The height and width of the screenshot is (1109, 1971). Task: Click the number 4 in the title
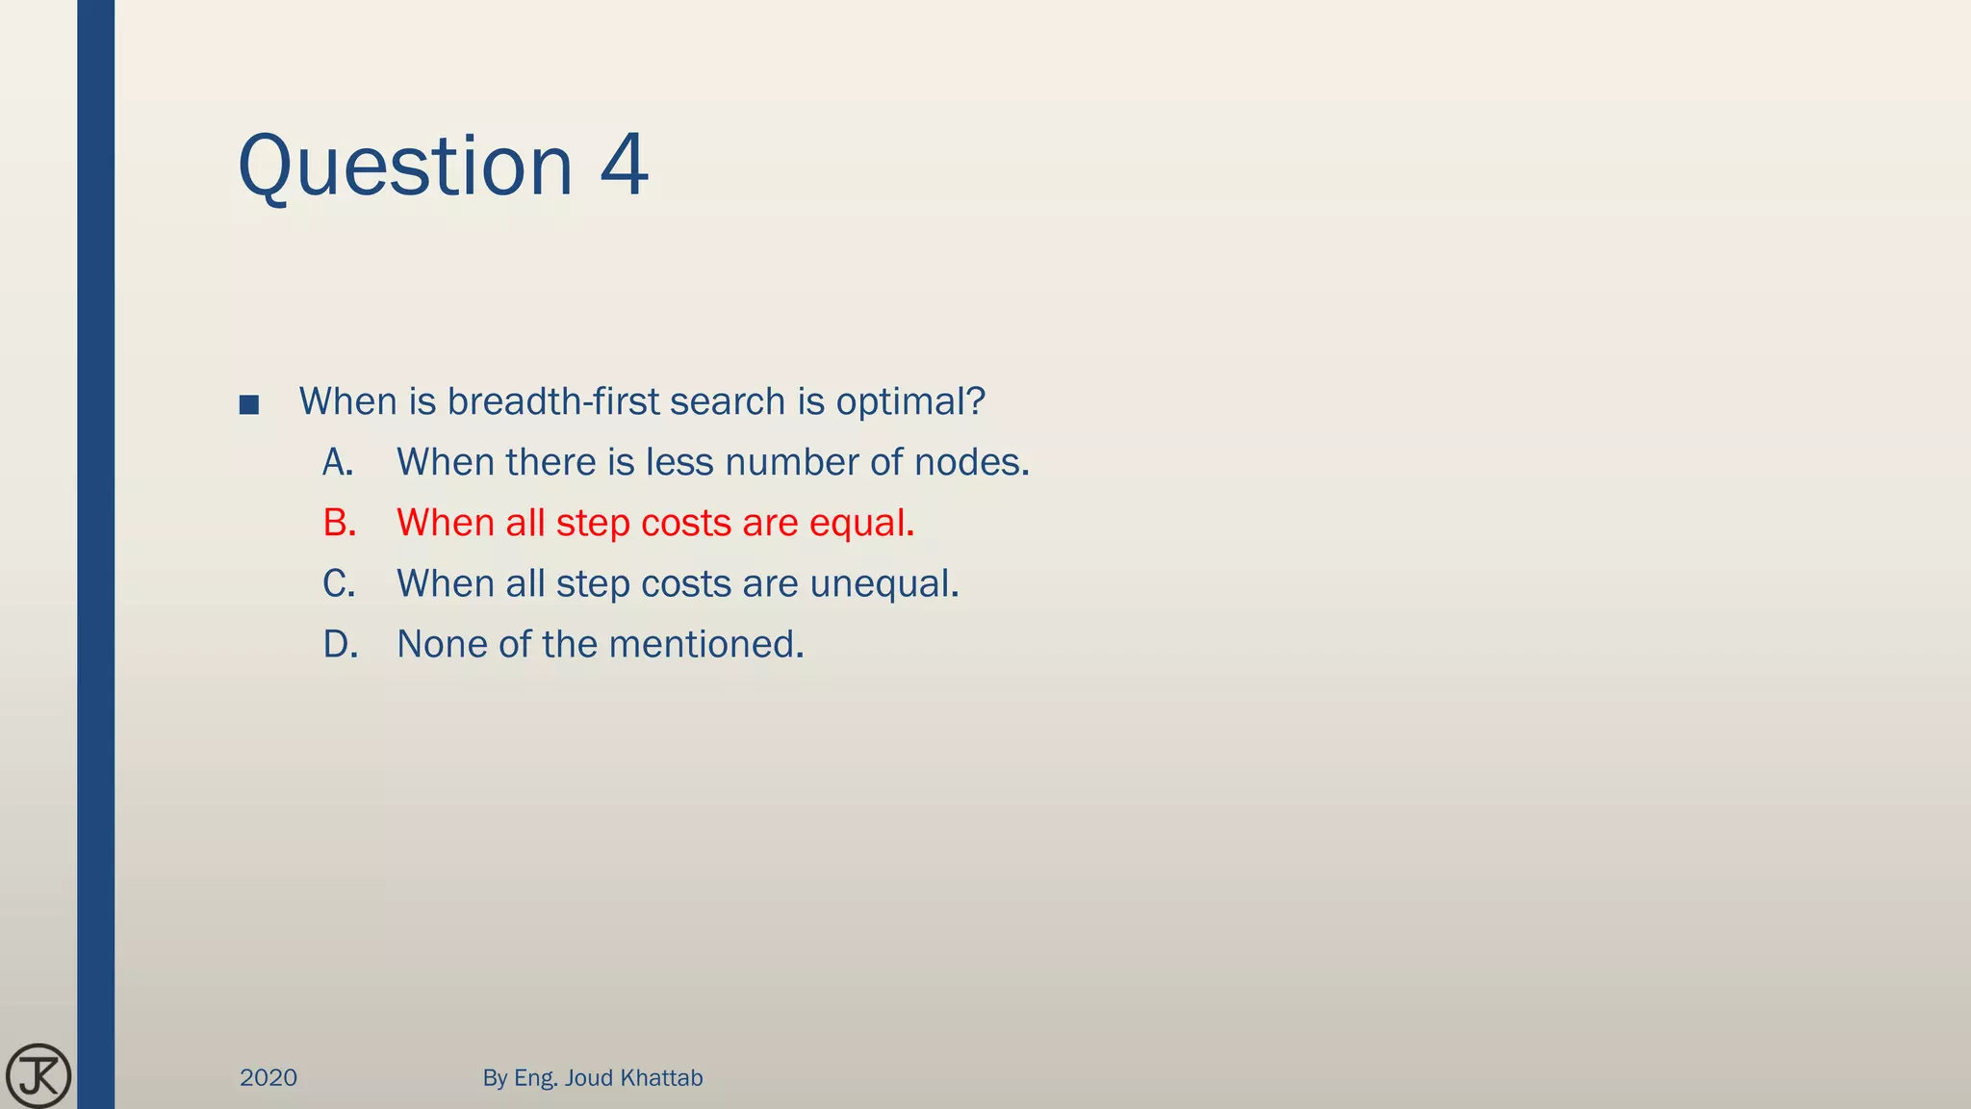pyautogui.click(x=624, y=166)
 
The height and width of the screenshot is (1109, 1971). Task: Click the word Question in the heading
pyautogui.click(x=405, y=168)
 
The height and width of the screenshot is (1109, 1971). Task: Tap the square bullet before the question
pyautogui.click(x=248, y=404)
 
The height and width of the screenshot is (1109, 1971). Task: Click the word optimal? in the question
pyautogui.click(x=910, y=402)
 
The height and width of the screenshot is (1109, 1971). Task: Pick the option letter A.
pyautogui.click(x=338, y=463)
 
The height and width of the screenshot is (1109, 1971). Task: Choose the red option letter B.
pyautogui.click(x=339, y=523)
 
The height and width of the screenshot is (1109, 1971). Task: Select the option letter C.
pyautogui.click(x=339, y=583)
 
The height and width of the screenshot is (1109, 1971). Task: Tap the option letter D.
pyautogui.click(x=340, y=644)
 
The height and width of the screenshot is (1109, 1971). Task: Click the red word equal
pyautogui.click(x=860, y=524)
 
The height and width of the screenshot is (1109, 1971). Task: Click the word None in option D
pyautogui.click(x=442, y=644)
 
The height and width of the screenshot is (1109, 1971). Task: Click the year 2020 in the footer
pyautogui.click(x=269, y=1077)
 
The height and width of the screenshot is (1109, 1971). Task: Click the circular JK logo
pyautogui.click(x=38, y=1075)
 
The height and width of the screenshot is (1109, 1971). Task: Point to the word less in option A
pyautogui.click(x=679, y=463)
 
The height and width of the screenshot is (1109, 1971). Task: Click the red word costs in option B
pyautogui.click(x=686, y=524)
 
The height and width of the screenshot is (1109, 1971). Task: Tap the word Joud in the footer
pyautogui.click(x=589, y=1077)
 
